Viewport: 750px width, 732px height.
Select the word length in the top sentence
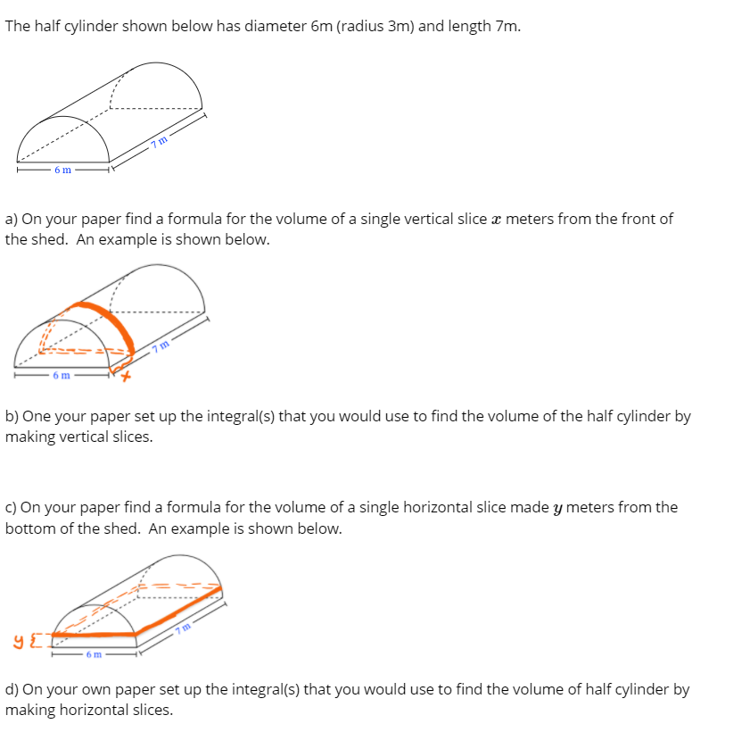coord(456,25)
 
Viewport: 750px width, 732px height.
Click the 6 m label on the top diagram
coord(62,170)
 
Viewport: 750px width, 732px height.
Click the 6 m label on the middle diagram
coord(62,375)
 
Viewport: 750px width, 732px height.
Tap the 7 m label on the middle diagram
coord(161,346)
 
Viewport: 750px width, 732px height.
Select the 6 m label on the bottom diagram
coord(94,655)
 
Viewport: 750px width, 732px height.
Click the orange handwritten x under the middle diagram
coord(126,378)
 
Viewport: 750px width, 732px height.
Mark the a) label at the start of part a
coord(12,219)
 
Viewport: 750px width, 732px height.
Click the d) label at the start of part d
coord(12,689)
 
